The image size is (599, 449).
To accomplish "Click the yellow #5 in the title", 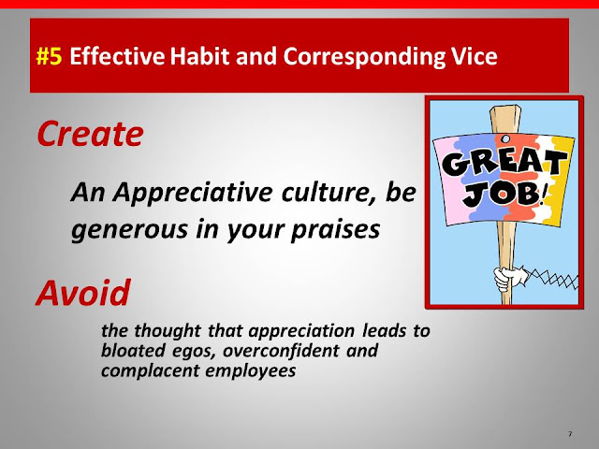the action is (49, 56).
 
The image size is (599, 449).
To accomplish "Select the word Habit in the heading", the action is (199, 56).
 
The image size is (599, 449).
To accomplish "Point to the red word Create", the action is (90, 134).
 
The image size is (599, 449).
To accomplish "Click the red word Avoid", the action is (83, 293).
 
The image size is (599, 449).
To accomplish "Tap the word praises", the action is (336, 230).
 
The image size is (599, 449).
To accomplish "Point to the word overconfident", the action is (281, 351).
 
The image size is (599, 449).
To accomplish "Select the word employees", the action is (250, 371).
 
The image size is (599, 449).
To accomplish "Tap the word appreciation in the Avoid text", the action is (301, 331).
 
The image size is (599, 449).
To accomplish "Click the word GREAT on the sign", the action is (504, 162).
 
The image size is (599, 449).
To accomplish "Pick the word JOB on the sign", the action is (502, 194).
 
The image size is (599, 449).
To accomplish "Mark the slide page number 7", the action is (570, 434).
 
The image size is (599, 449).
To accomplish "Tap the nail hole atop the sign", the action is (505, 138).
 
